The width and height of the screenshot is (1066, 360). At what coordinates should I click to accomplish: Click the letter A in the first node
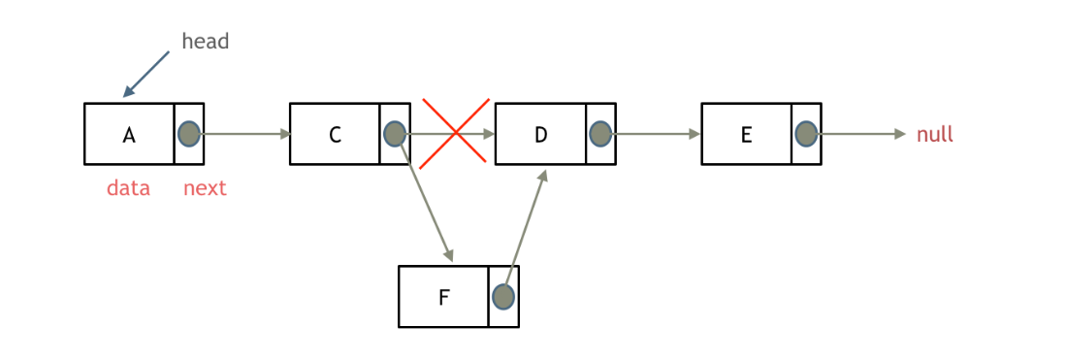[129, 135]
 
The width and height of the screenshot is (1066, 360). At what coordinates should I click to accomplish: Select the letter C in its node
[335, 135]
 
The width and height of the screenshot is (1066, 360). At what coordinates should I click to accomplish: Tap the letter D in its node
[541, 135]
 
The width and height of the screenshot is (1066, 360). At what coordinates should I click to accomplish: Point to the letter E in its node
[746, 135]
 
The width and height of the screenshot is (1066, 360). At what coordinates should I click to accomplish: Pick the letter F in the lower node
[443, 297]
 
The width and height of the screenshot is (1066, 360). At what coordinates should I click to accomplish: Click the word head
[205, 42]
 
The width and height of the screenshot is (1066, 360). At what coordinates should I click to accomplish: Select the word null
[935, 135]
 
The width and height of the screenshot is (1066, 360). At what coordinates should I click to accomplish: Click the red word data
[128, 188]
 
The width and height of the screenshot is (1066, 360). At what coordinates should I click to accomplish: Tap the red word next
[205, 188]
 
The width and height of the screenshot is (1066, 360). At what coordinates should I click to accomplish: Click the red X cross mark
[455, 133]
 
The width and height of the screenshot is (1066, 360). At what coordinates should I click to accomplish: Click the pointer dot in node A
[189, 134]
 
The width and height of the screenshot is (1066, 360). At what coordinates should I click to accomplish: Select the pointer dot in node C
[395, 134]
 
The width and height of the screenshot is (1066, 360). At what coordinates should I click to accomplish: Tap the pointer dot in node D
[600, 134]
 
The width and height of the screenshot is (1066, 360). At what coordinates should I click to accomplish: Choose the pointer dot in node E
[806, 134]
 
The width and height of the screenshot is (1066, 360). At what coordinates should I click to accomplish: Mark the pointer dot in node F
[502, 296]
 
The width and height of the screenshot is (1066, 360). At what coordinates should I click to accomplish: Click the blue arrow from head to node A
[146, 74]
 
